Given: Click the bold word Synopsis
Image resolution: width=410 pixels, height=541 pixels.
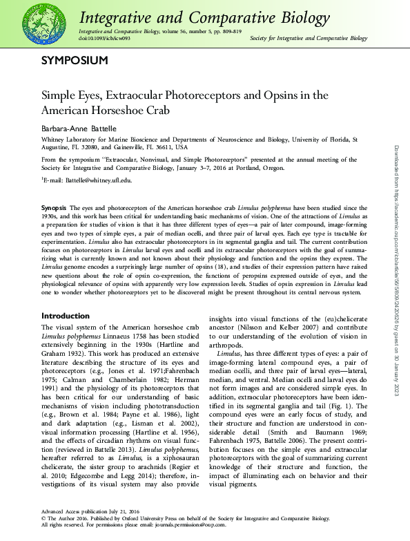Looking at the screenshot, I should point(54,207).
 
